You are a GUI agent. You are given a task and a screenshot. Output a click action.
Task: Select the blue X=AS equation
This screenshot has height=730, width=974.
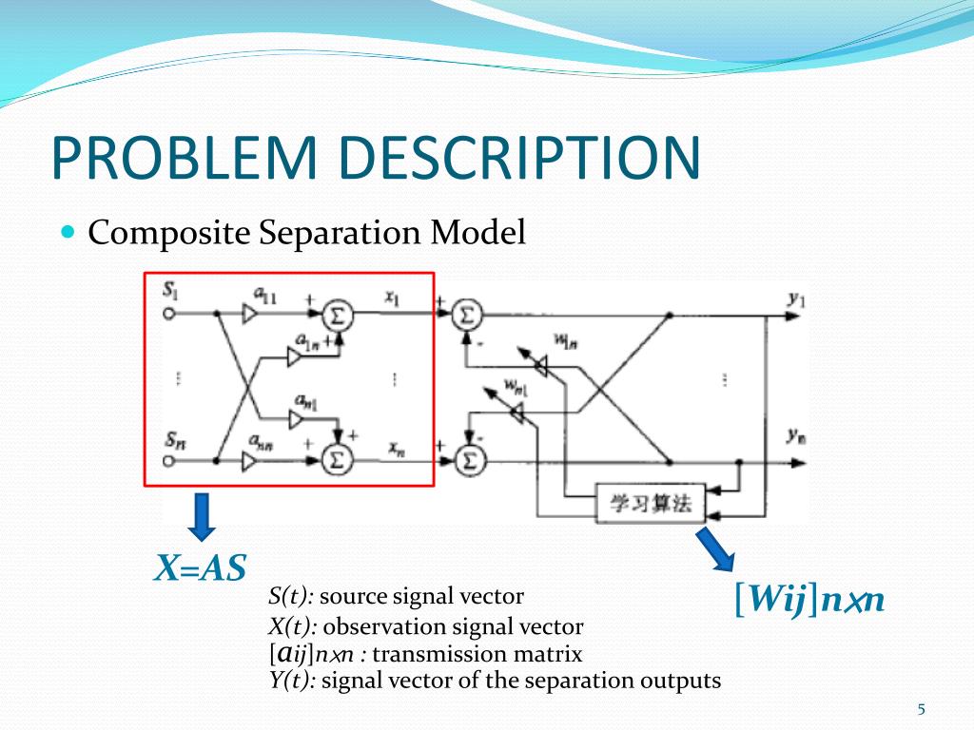201,568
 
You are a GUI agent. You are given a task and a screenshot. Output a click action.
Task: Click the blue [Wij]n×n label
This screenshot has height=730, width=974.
809,600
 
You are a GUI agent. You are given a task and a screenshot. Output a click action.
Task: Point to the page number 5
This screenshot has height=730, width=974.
921,709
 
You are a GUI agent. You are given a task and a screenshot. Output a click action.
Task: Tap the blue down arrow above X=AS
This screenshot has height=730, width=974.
201,514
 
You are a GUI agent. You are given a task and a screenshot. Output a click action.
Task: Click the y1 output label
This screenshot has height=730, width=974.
796,300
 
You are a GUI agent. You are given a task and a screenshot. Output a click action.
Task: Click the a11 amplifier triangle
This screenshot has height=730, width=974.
250,315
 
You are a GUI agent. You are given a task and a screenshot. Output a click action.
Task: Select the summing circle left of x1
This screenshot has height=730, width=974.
335,314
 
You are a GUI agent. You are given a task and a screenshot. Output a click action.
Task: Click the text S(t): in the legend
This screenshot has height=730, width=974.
291,597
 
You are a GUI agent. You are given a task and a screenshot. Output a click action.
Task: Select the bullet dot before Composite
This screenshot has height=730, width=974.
68,231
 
